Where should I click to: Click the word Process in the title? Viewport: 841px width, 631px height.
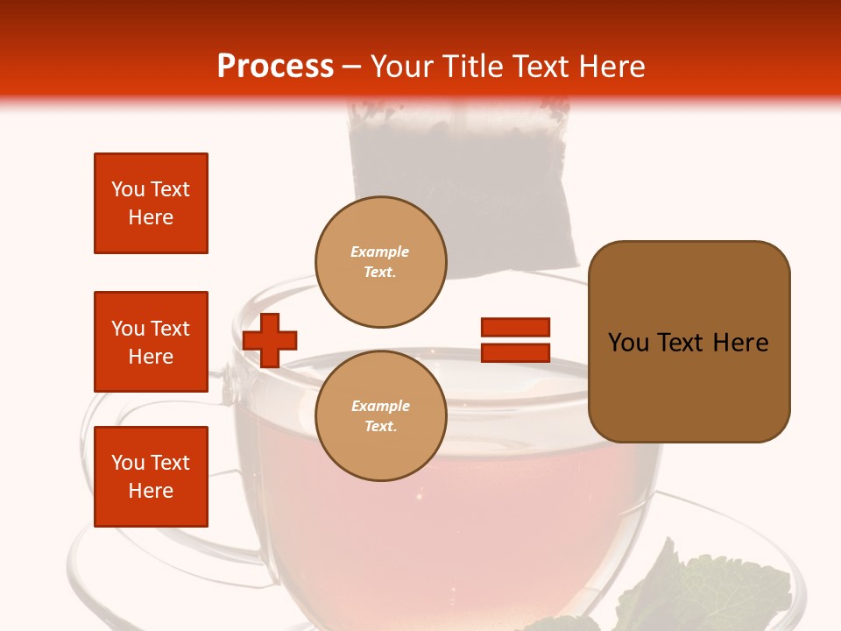tap(275, 67)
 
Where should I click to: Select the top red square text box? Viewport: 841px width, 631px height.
tap(151, 203)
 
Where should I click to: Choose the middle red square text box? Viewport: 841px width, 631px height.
tap(151, 342)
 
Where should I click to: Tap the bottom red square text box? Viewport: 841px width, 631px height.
tap(151, 477)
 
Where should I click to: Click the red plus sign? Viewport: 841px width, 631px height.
tap(270, 340)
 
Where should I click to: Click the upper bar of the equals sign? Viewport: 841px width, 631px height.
tap(515, 328)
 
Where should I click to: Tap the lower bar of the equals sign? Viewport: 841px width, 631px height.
tap(515, 352)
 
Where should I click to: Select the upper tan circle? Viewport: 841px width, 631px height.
tap(381, 262)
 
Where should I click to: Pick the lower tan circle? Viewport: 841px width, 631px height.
tap(381, 416)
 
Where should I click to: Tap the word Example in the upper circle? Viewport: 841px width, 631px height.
tap(380, 252)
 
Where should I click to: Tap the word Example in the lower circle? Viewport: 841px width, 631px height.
tap(380, 406)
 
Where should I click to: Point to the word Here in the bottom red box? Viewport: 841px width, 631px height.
tap(151, 491)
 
